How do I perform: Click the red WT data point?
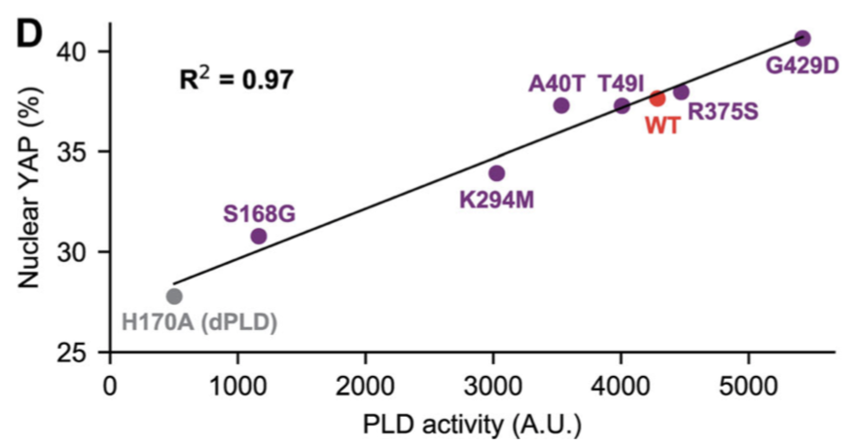click(x=657, y=98)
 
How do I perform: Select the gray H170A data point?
click(x=174, y=297)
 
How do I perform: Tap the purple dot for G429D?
click(x=803, y=39)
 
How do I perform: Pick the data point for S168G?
click(x=259, y=237)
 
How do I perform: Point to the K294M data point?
click(x=496, y=173)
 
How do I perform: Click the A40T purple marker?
click(x=561, y=105)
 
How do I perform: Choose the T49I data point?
click(x=622, y=106)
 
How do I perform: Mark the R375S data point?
click(x=681, y=92)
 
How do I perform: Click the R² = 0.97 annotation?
click(x=236, y=79)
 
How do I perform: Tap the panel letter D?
click(x=28, y=34)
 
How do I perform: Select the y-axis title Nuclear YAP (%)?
click(x=28, y=186)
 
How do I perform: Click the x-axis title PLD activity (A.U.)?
click(x=472, y=425)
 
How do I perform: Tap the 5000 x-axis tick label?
click(x=748, y=387)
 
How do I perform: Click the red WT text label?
click(x=663, y=126)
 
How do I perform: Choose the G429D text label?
click(x=803, y=65)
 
